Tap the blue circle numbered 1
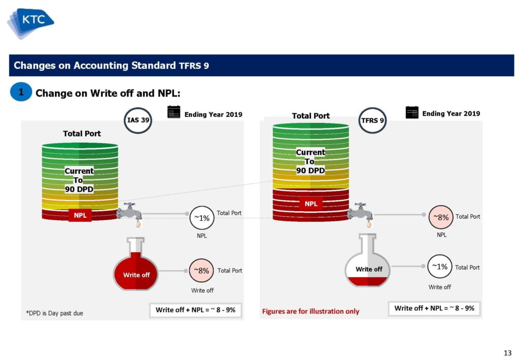[x=21, y=92]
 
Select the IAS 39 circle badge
[x=138, y=120]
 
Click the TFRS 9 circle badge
[x=372, y=120]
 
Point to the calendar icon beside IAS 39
[x=174, y=112]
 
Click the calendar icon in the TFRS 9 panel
[x=412, y=112]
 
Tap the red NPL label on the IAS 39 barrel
[x=80, y=215]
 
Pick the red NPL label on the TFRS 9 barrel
[x=311, y=204]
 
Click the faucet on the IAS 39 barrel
[x=129, y=214]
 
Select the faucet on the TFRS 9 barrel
[x=361, y=214]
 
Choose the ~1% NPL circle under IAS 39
[x=202, y=218]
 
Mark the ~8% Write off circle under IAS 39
[x=201, y=271]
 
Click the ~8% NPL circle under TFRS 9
[x=441, y=217]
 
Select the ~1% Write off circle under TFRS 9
[x=440, y=267]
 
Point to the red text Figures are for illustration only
[x=311, y=311]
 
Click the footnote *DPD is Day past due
[x=55, y=313]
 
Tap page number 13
[x=507, y=353]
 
